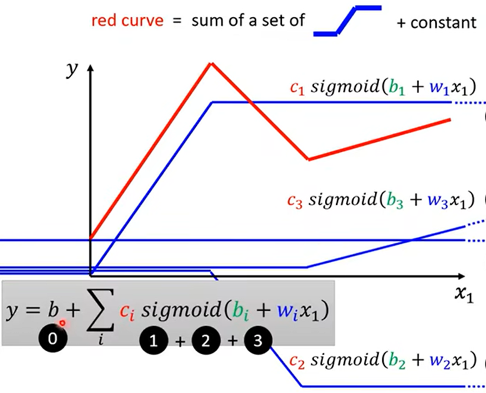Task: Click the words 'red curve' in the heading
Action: point(127,20)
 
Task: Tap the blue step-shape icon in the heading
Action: point(347,21)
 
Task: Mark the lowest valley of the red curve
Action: point(308,159)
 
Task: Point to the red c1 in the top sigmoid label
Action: point(297,88)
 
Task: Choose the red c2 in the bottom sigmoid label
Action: point(296,361)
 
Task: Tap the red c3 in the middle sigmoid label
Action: point(294,200)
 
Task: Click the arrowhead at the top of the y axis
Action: point(91,65)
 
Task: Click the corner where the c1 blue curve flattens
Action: point(213,102)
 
